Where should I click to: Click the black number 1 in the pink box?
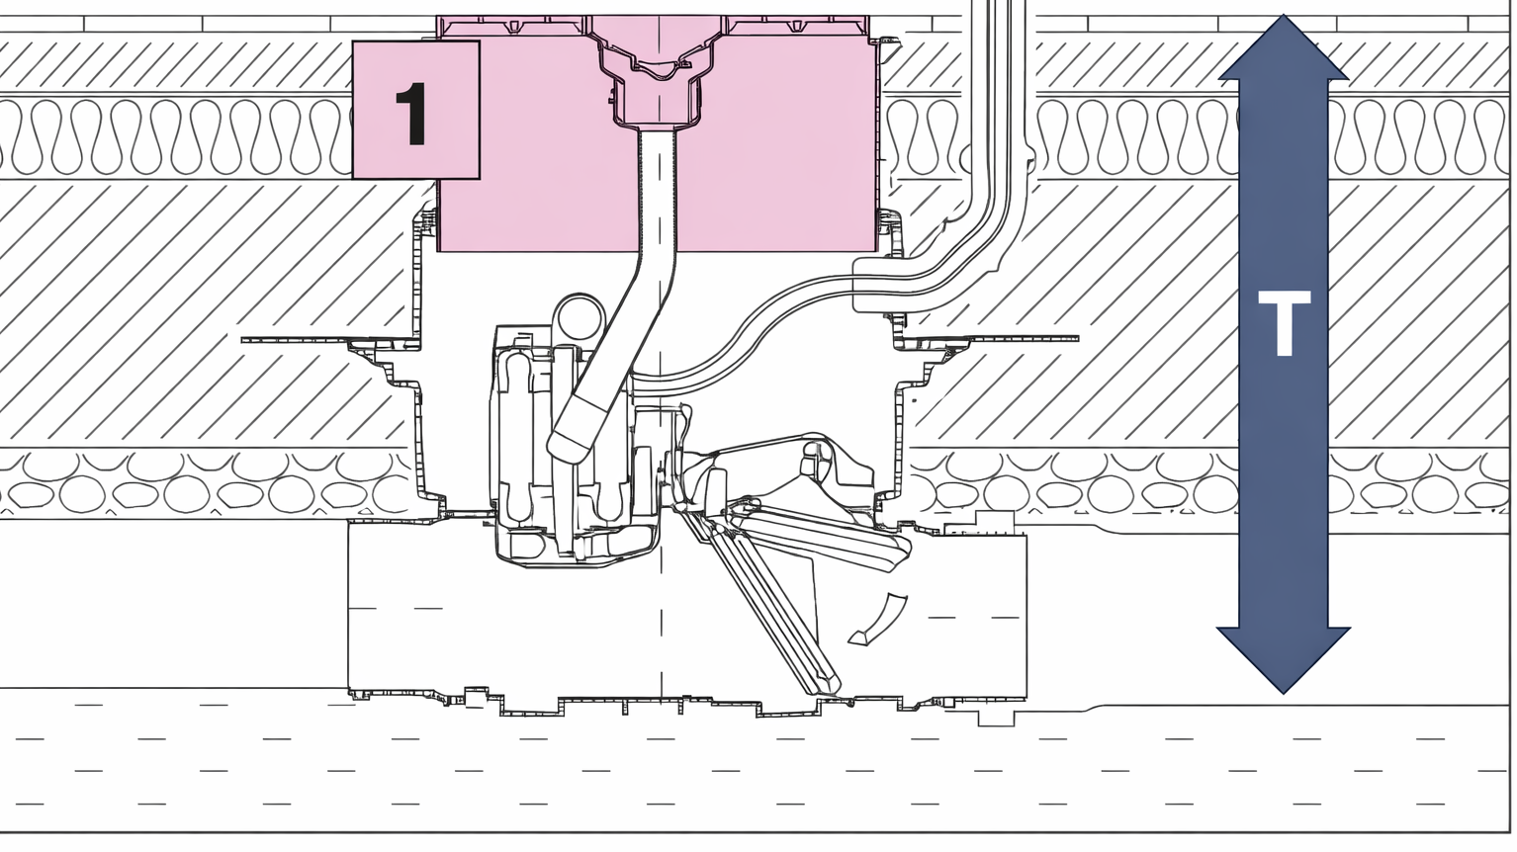point(412,114)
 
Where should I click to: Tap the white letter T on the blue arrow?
point(1284,323)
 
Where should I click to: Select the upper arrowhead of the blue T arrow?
point(1284,47)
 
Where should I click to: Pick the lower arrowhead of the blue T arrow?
point(1284,660)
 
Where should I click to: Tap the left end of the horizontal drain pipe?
point(349,607)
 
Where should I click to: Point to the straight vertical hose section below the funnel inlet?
point(658,190)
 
